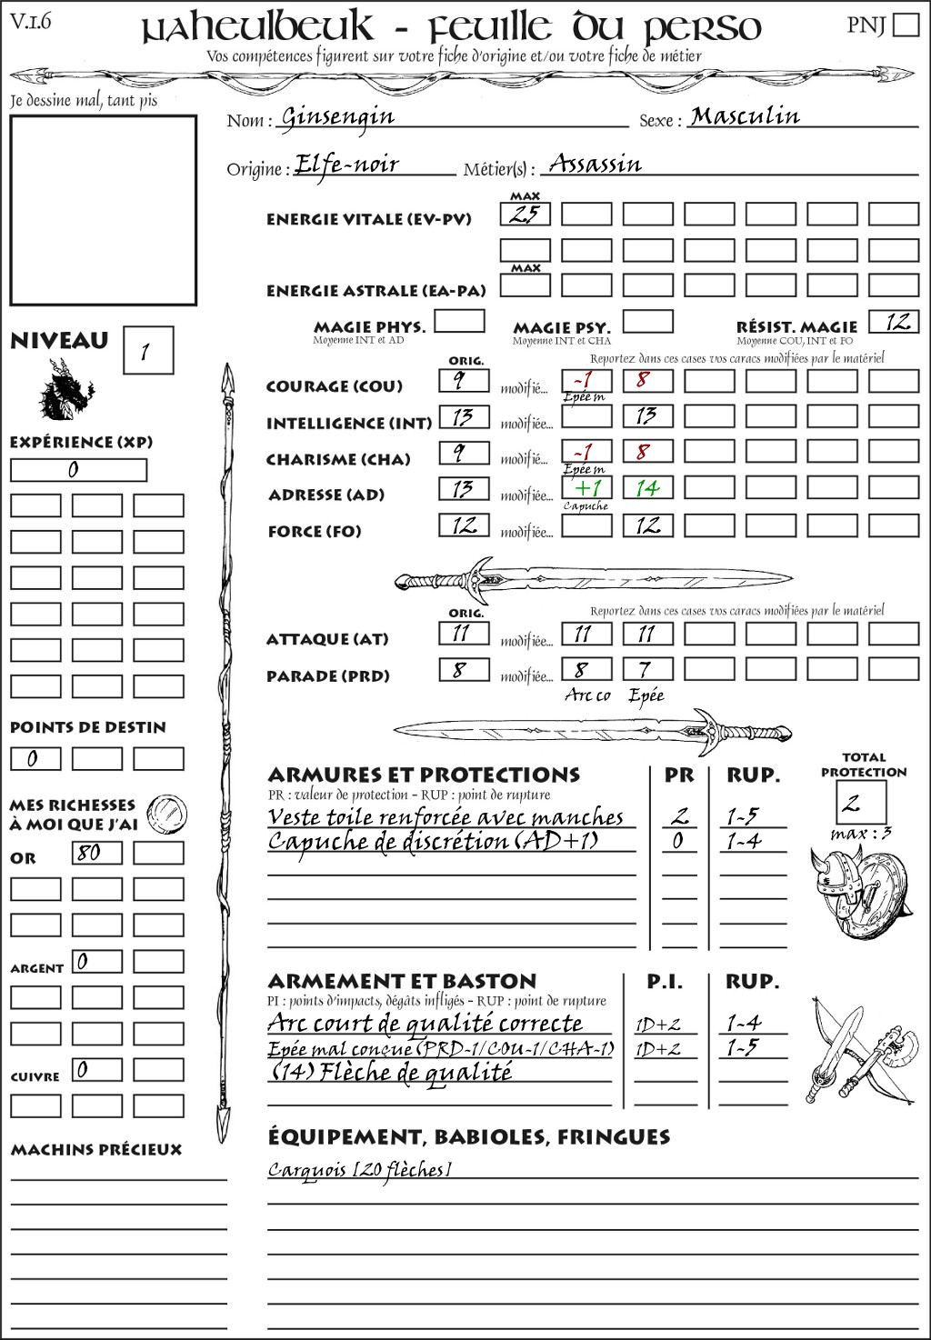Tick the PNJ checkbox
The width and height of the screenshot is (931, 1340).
[906, 25]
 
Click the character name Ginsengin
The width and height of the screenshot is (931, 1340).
[337, 117]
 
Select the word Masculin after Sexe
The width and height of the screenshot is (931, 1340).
[745, 116]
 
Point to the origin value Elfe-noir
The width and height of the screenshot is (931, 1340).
[346, 165]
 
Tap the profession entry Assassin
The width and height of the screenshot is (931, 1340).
[596, 165]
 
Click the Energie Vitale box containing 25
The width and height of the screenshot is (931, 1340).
[525, 215]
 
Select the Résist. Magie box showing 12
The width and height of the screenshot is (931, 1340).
[894, 322]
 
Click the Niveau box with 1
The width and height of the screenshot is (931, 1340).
[147, 351]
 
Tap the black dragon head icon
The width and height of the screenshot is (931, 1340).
[65, 391]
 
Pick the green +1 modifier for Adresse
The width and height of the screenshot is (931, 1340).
[586, 488]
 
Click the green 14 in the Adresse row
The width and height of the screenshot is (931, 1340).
[647, 488]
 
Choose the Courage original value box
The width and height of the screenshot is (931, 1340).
[464, 380]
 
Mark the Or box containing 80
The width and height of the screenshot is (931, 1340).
[97, 853]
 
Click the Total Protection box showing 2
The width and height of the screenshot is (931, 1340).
[860, 803]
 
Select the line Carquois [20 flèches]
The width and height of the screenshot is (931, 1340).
[359, 1170]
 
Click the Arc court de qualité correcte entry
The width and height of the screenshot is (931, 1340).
[425, 1024]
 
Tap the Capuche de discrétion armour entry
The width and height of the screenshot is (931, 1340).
[433, 842]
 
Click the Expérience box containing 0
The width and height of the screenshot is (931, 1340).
[78, 470]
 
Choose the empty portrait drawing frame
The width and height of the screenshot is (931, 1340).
[103, 210]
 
